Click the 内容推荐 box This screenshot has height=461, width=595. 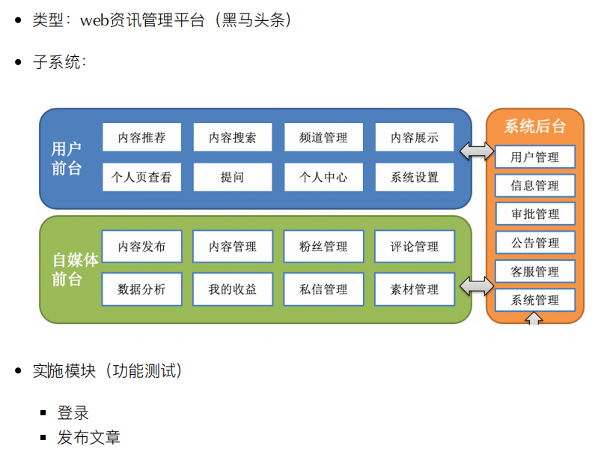141,138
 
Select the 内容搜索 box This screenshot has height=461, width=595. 233,138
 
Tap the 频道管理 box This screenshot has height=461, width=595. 323,138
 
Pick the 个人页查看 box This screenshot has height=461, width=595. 141,178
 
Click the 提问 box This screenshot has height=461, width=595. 233,178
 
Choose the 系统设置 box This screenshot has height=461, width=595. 414,178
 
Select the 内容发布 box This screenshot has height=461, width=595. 141,247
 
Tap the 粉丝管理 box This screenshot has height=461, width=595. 323,247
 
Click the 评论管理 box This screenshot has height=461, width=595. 414,247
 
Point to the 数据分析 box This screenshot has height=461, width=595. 141,289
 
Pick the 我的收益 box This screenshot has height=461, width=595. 233,289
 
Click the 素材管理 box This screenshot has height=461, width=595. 414,289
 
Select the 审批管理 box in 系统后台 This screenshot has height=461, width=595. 535,214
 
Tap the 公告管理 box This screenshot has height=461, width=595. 535,243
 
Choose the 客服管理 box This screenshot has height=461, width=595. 535,271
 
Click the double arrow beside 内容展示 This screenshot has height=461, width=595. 477,151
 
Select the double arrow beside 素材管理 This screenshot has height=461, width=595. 477,286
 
